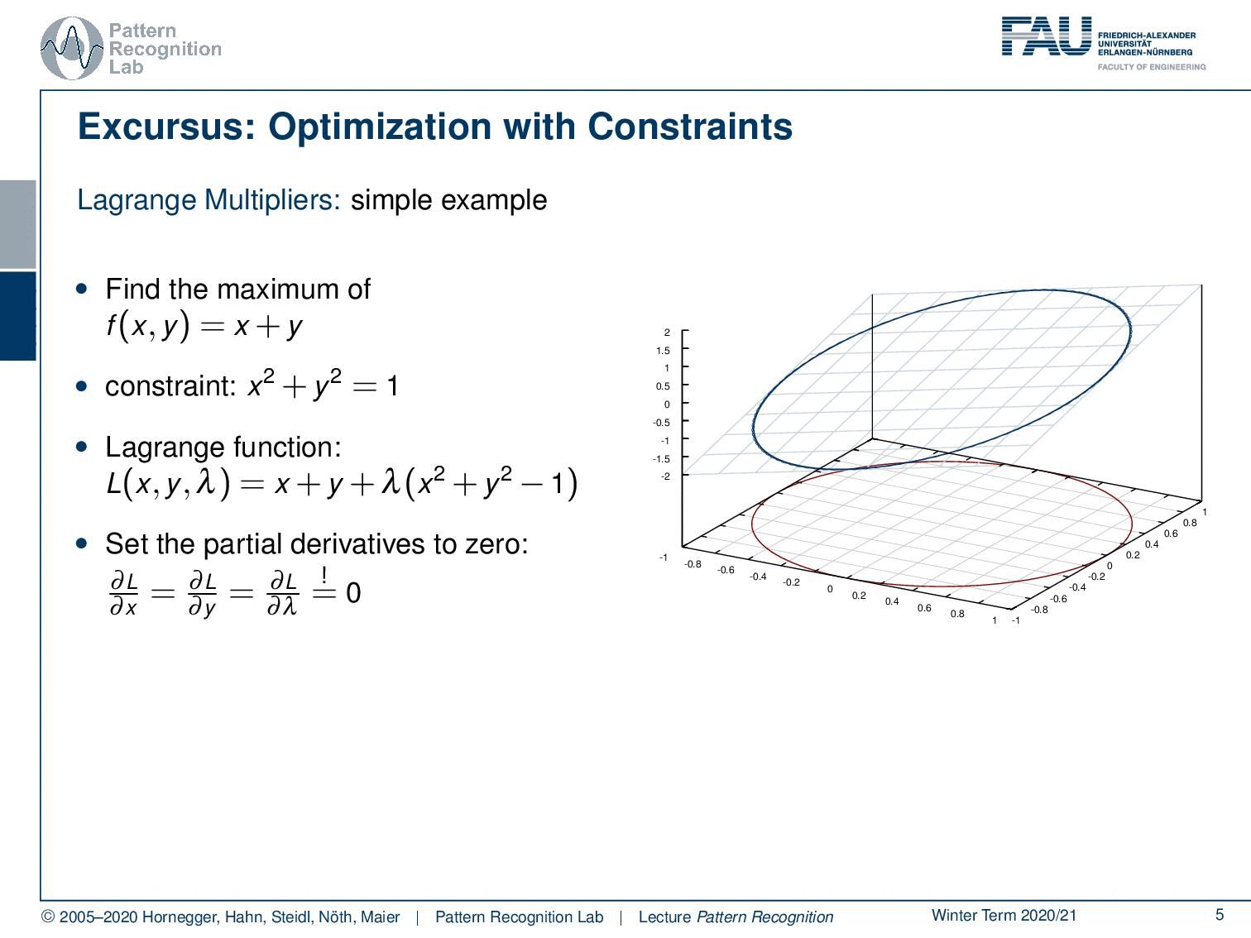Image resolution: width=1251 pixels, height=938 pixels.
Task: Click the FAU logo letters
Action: coord(1047,36)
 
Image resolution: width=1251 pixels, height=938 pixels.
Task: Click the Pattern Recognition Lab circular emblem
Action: coord(72,49)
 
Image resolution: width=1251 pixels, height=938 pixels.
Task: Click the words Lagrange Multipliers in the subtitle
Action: coord(208,200)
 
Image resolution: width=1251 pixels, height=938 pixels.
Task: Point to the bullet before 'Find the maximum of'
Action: coord(82,289)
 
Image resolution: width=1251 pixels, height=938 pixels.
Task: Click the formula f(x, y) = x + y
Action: coord(204,327)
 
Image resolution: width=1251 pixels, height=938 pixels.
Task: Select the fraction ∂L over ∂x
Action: coord(123,594)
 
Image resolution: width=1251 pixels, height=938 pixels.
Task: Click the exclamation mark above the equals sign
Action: coord(324,574)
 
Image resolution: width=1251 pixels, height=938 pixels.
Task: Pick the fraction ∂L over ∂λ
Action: coord(283,594)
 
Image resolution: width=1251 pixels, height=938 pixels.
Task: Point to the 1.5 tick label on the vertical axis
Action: coord(663,351)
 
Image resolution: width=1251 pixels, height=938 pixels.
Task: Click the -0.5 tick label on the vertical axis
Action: coord(661,423)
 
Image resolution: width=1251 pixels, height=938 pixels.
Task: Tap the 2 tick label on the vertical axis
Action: coord(667,333)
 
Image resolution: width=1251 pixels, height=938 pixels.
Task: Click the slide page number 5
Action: coord(1220,915)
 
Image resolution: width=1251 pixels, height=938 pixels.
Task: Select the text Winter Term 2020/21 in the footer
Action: coord(1004,915)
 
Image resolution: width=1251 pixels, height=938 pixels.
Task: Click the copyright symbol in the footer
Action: coord(49,917)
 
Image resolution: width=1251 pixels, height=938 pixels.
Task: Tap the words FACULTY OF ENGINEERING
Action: coord(1152,67)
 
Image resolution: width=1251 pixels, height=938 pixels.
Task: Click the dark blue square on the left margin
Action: coord(17,316)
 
